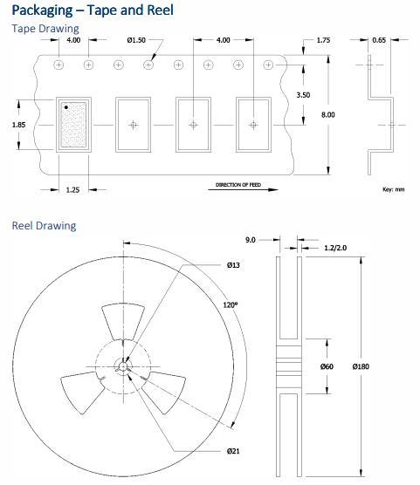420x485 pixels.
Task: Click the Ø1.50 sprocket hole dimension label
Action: tap(136, 40)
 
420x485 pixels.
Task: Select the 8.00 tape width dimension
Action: tap(328, 115)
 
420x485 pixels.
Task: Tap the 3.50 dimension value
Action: tap(303, 95)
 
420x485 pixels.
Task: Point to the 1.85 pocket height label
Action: tap(18, 125)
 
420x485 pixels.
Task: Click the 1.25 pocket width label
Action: tap(72, 190)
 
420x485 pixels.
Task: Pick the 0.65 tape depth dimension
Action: tap(379, 40)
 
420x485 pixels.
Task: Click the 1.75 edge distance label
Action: tap(323, 40)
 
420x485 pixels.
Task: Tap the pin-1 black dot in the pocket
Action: tap(66, 107)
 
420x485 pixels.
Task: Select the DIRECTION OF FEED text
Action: tap(238, 185)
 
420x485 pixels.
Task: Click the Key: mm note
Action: tap(393, 189)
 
